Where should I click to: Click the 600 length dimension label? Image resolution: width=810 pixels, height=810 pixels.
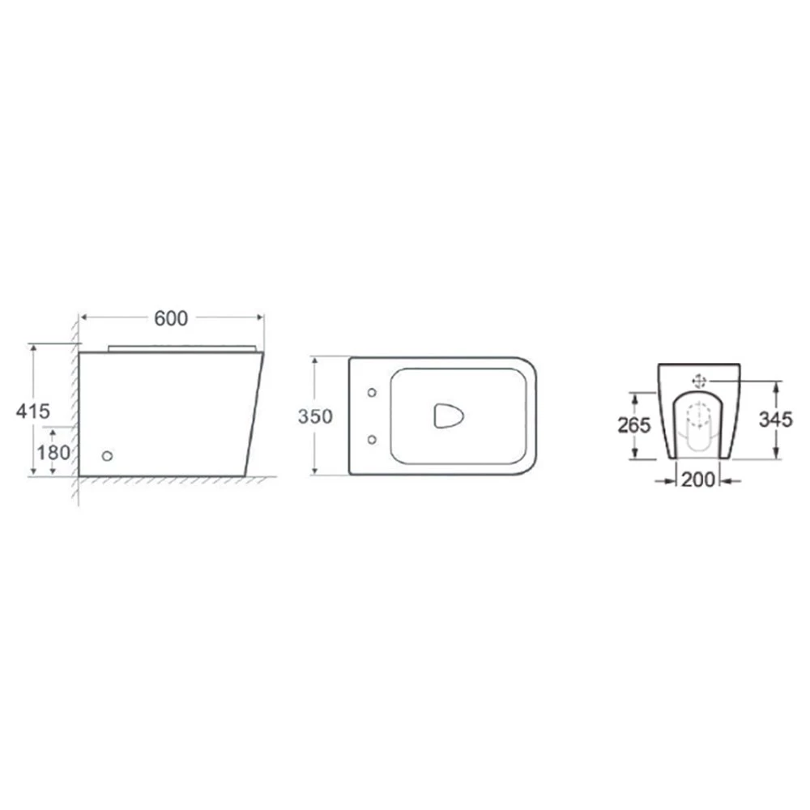pos(171,318)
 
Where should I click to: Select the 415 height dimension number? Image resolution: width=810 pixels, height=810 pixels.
pos(33,411)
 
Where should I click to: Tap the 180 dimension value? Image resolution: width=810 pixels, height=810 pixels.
pos(53,453)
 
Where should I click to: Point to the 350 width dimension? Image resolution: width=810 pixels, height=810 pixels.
pos(315,416)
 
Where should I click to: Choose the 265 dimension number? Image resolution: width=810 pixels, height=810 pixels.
pos(634,425)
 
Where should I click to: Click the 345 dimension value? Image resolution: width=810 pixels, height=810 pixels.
pos(775,420)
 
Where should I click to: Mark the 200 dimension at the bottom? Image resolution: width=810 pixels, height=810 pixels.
pos(698,480)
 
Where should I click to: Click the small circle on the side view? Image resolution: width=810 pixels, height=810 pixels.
pos(108,455)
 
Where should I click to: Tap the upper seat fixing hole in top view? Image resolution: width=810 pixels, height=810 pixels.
pos(372,393)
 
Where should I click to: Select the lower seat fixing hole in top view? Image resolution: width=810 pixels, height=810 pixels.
pos(372,440)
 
